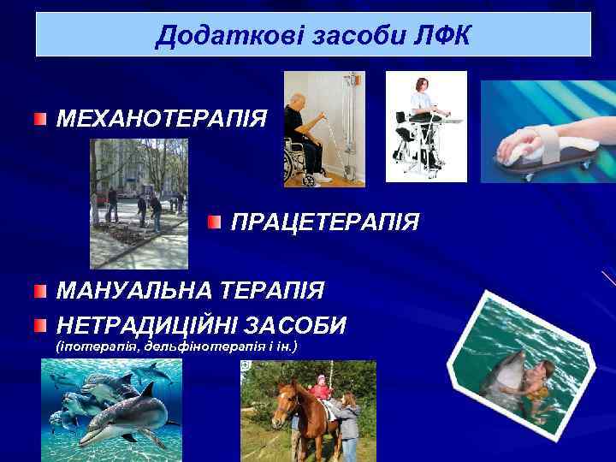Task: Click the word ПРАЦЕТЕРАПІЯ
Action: click(325, 223)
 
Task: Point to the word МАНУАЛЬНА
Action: click(134, 291)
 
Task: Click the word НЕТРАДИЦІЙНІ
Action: click(146, 325)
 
